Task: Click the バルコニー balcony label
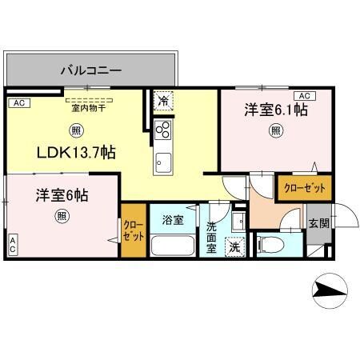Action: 91,70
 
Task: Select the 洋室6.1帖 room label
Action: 277,110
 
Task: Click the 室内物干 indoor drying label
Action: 88,106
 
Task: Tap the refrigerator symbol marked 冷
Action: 162,102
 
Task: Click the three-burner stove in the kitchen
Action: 162,130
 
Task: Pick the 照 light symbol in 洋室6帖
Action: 62,216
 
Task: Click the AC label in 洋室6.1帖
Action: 302,95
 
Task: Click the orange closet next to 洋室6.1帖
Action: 304,187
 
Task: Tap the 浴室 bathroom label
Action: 172,218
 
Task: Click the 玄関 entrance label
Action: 317,224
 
